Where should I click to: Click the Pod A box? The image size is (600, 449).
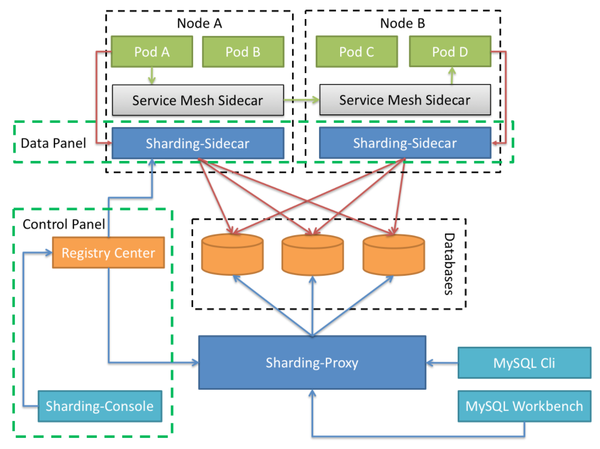coord(152,52)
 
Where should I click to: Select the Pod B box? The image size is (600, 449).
coord(243,52)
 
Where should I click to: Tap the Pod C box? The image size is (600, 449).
coord(357,52)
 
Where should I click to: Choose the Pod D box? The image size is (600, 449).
coord(450,52)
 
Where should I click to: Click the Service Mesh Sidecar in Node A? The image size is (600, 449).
coord(197,101)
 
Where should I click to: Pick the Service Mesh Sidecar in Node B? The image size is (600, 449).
coord(405,101)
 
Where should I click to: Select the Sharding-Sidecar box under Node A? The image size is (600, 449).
coord(197,143)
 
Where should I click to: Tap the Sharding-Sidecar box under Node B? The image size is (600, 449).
coord(405,143)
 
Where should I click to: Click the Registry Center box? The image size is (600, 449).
coord(108,253)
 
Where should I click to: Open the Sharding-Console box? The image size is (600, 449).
coord(99,407)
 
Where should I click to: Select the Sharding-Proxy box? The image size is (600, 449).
coord(312,363)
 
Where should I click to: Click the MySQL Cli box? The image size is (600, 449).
coord(524,363)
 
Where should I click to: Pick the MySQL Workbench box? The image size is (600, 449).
coord(524,407)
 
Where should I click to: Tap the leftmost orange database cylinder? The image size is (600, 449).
coord(232,254)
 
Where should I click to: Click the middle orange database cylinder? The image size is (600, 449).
coord(313,254)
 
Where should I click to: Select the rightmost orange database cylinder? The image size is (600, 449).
coord(393,254)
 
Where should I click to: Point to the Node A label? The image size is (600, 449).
coord(199,23)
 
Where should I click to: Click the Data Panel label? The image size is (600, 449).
coord(53,143)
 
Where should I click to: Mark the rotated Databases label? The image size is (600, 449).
coord(449,264)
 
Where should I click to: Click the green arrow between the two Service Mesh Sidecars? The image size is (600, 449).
coord(302,100)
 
